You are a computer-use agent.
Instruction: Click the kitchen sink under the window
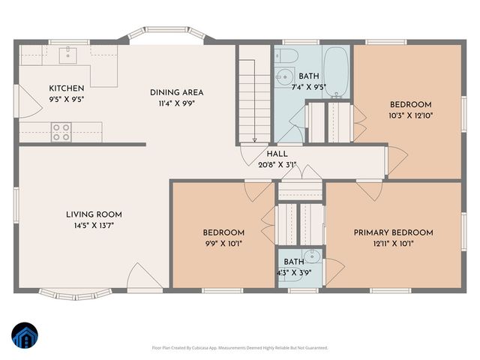coord(68,53)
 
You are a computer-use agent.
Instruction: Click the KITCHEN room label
coord(67,88)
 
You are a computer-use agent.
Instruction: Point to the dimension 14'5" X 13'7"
coord(94,225)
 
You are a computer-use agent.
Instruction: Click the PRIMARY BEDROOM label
coord(393,232)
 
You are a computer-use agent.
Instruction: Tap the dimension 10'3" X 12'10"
coord(410,115)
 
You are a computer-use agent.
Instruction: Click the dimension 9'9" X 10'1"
coord(223,243)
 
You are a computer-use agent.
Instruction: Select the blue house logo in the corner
coord(24,336)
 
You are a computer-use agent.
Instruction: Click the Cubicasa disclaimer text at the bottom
coord(240,348)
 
